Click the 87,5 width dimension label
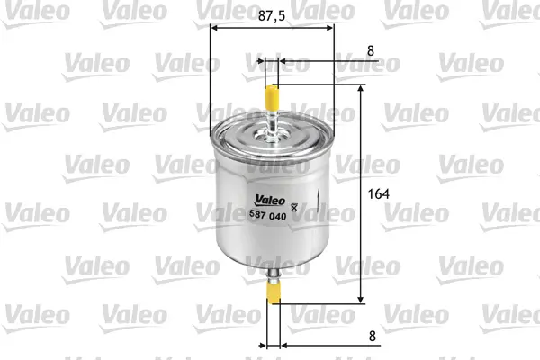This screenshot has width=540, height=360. pyautogui.click(x=272, y=15)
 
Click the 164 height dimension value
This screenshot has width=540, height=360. pyautogui.click(x=379, y=194)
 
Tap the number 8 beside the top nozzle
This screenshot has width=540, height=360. pyautogui.click(x=371, y=51)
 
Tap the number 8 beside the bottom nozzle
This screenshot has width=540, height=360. pyautogui.click(x=373, y=336)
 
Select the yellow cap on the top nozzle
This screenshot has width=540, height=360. pyautogui.click(x=272, y=97)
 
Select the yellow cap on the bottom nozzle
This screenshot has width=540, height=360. pyautogui.click(x=274, y=292)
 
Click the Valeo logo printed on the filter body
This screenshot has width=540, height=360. pyautogui.click(x=270, y=200)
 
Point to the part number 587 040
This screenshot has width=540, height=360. pyautogui.click(x=267, y=215)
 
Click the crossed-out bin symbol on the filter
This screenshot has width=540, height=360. pyautogui.click(x=293, y=207)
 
